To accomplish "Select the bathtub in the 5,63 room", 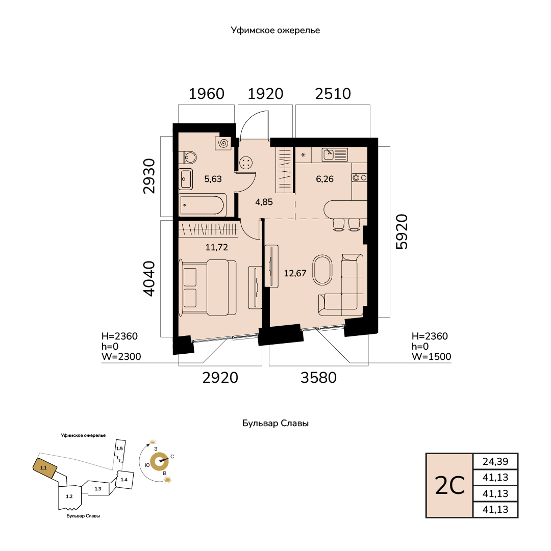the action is [202, 205].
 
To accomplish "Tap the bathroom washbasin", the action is [186, 179].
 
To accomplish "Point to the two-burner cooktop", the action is [359, 178].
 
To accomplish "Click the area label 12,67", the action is [295, 273].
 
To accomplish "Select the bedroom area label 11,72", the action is [217, 247].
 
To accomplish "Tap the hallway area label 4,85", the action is [264, 202].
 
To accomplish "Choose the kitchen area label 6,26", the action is [324, 179].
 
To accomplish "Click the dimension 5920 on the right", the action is [402, 231].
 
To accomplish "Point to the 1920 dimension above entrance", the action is [265, 94].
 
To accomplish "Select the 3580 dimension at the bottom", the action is [318, 378].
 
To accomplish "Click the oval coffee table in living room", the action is [322, 270].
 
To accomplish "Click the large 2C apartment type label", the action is [450, 486].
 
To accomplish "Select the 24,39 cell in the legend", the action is [495, 461].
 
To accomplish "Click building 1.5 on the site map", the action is [120, 451].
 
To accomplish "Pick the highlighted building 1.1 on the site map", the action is [45, 468].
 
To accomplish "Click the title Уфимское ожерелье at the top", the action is [275, 30].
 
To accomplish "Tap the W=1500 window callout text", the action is [432, 357].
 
